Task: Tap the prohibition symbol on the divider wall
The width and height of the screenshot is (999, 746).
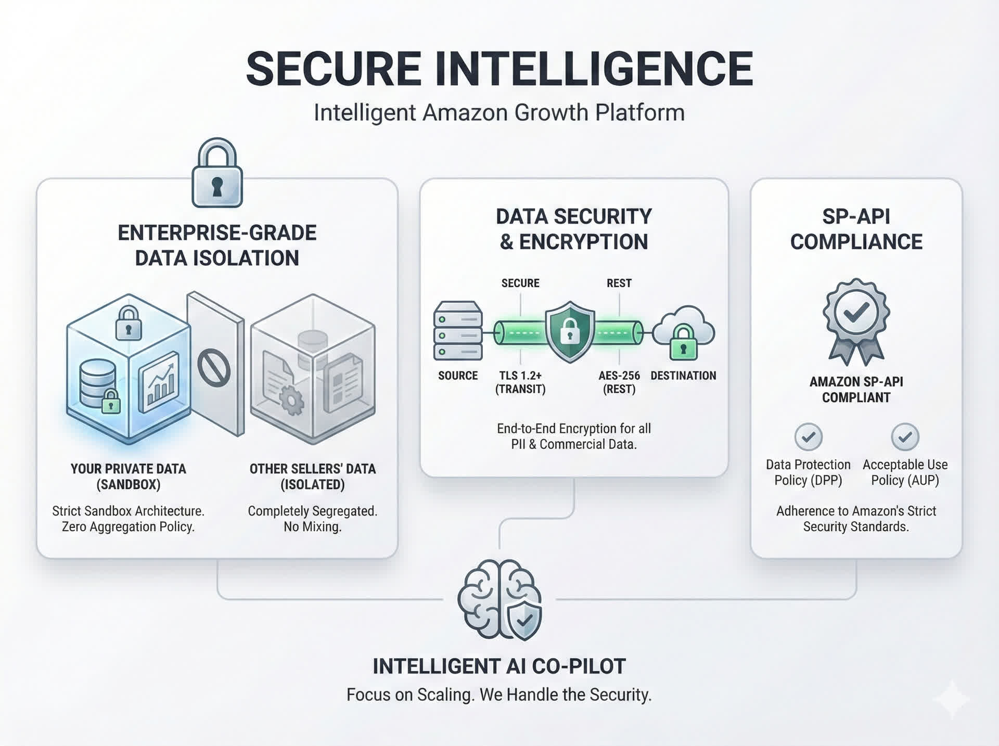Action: pyautogui.click(x=214, y=368)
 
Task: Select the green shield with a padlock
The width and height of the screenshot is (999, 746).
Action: pyautogui.click(x=570, y=332)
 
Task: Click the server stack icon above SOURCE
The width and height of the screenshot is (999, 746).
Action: pyautogui.click(x=458, y=331)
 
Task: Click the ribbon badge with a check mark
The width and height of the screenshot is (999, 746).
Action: pyautogui.click(x=856, y=320)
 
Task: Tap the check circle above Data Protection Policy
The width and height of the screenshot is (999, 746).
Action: pyautogui.click(x=808, y=437)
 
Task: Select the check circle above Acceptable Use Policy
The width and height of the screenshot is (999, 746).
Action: pyautogui.click(x=905, y=437)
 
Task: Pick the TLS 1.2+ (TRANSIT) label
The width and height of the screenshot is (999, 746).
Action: pyautogui.click(x=520, y=382)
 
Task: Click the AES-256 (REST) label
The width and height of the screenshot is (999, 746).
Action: pyautogui.click(x=619, y=382)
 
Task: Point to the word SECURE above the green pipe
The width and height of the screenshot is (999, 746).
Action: pyautogui.click(x=520, y=283)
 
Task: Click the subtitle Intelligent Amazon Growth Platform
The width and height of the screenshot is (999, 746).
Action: pyautogui.click(x=499, y=113)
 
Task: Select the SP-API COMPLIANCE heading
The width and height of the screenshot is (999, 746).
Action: pyautogui.click(x=856, y=229)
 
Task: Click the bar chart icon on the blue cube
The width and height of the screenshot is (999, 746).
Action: pyautogui.click(x=160, y=382)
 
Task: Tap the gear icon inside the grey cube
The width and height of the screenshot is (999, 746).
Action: pyautogui.click(x=291, y=401)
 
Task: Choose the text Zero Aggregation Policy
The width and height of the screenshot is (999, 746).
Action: pyautogui.click(x=128, y=527)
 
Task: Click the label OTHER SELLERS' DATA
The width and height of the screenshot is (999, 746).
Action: pyautogui.click(x=312, y=469)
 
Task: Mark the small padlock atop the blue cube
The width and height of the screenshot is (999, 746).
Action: pyautogui.click(x=129, y=323)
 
